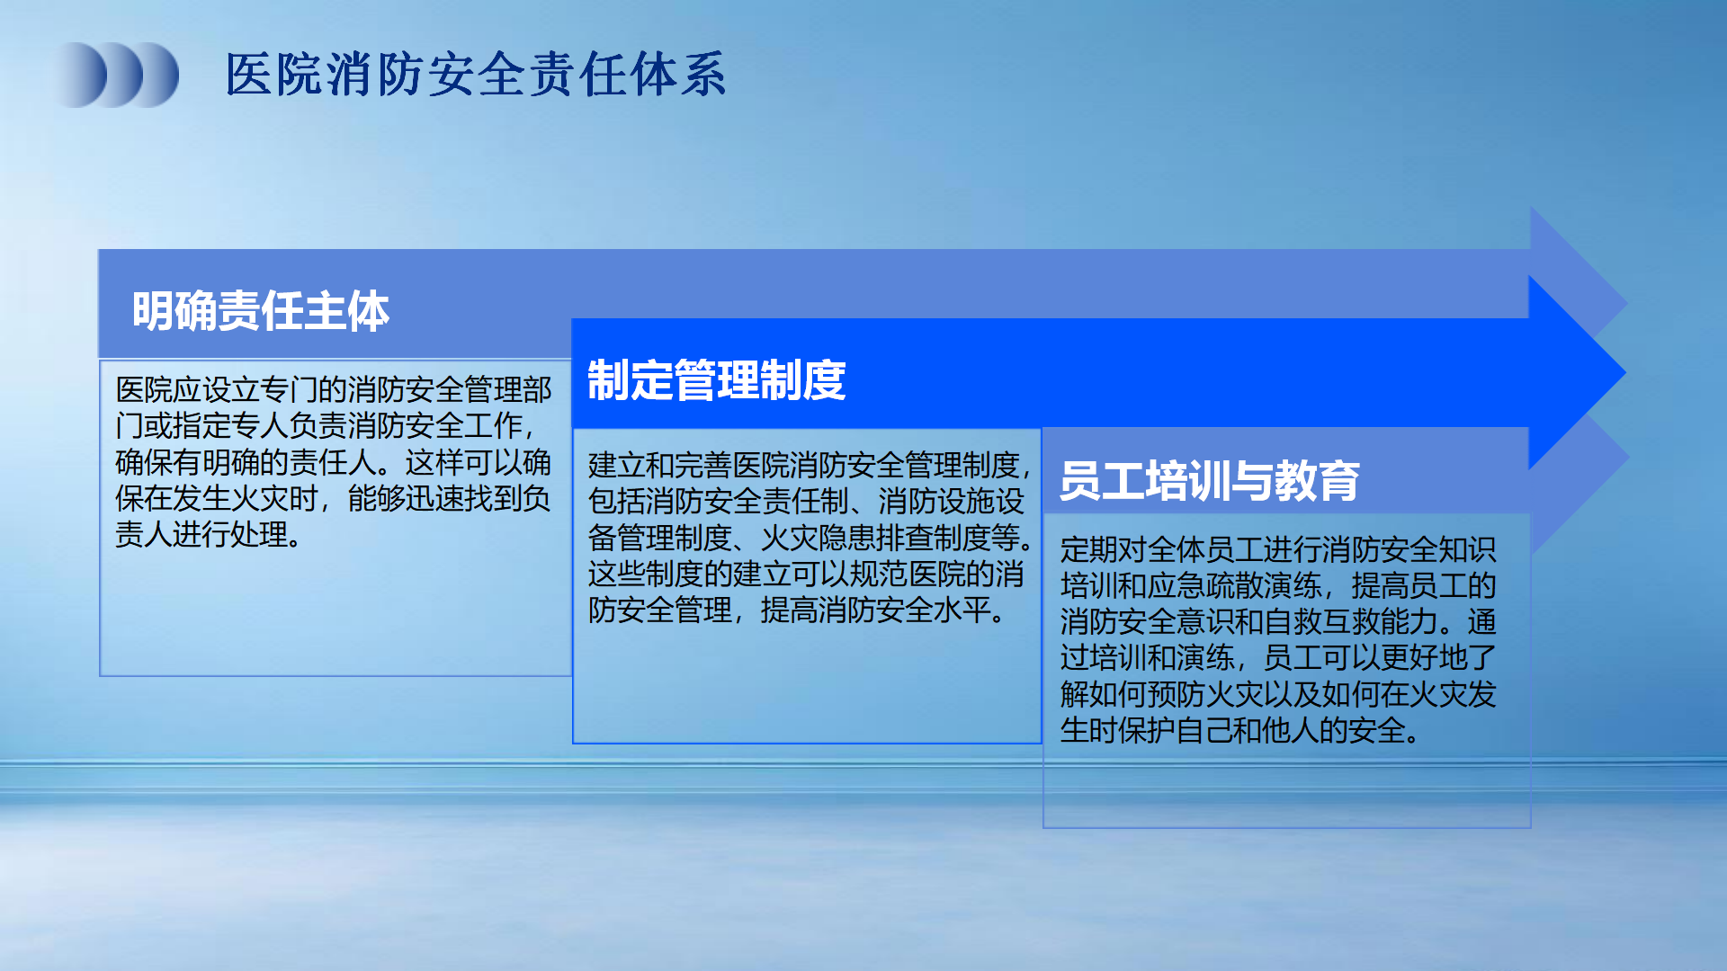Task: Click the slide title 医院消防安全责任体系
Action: click(476, 74)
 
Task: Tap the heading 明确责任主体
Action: click(261, 311)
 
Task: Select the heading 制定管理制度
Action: click(717, 379)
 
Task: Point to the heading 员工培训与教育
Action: click(1210, 480)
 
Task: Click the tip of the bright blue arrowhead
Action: click(1625, 372)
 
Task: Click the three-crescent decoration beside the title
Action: click(118, 75)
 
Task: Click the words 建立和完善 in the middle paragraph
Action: click(660, 465)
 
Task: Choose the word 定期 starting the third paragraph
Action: click(1089, 549)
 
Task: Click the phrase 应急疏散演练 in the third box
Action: click(1234, 585)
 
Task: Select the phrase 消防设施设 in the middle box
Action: click(952, 501)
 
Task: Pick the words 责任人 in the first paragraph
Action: click(332, 461)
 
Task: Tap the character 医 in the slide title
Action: click(249, 74)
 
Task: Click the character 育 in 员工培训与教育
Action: click(1339, 480)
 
